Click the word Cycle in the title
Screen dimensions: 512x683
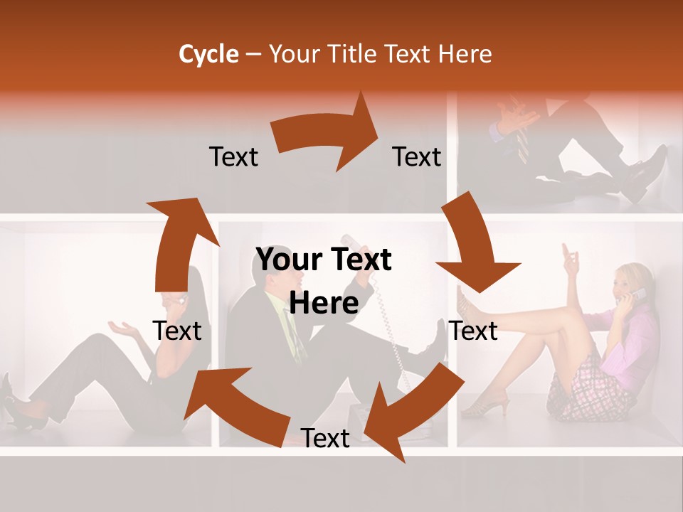coord(208,54)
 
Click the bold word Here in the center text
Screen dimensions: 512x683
coord(324,303)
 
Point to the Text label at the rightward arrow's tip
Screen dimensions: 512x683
coord(417,156)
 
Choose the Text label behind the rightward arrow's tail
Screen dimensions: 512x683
coord(233,156)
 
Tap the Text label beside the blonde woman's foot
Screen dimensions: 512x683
coord(473,331)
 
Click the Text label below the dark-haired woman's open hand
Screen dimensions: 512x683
coord(177,331)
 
